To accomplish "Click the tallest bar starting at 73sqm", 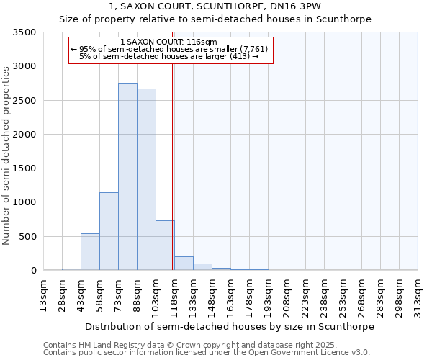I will click(127, 176).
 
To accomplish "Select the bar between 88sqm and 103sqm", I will click(146, 179).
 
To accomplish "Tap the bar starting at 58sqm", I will click(109, 231).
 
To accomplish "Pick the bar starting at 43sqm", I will click(90, 252).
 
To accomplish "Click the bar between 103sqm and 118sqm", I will click(165, 246).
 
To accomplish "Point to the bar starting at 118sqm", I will click(184, 264).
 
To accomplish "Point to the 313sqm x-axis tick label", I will click(418, 297).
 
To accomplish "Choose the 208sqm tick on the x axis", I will click(287, 297).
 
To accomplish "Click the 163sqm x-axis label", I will click(230, 297).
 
